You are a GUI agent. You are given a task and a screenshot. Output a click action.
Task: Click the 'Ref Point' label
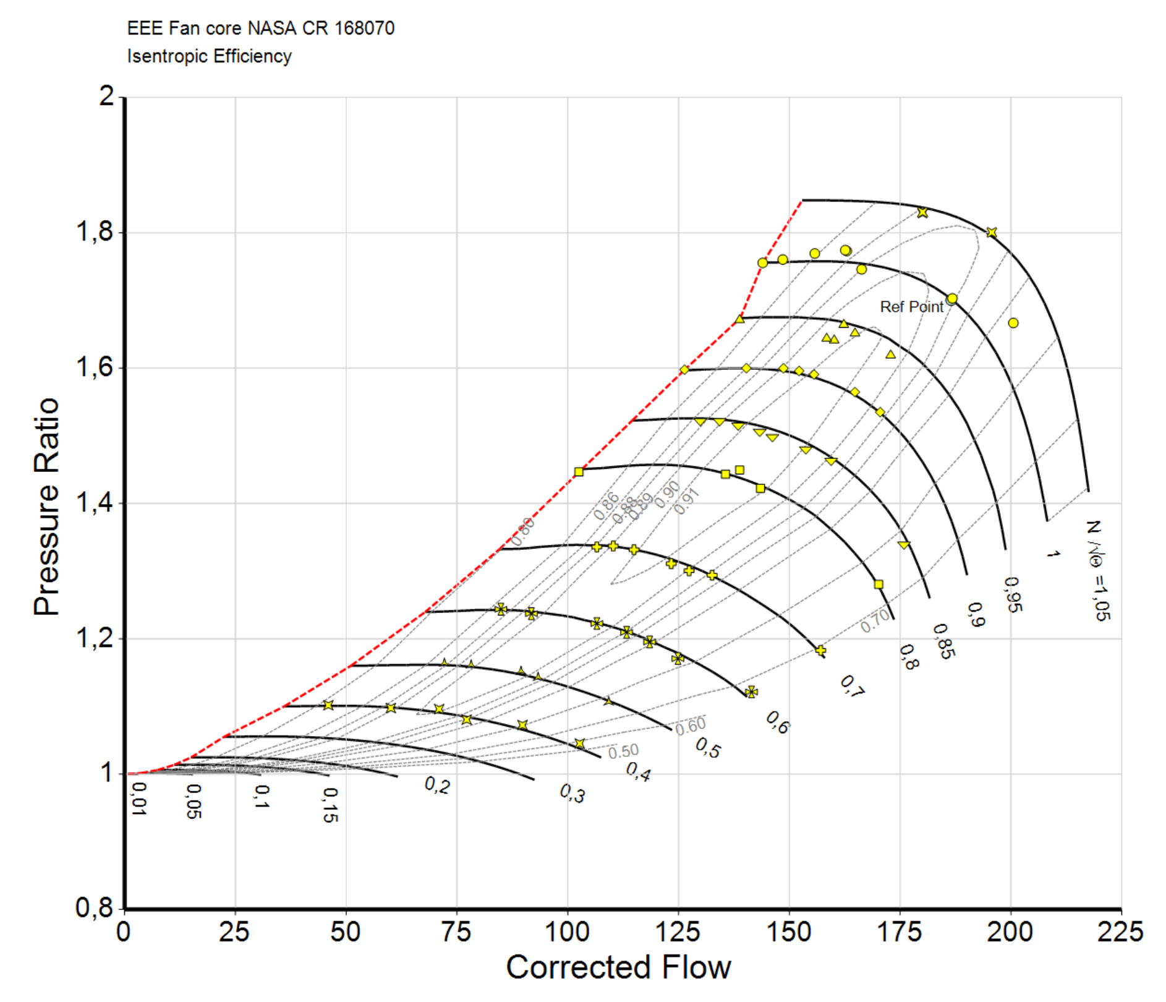[x=911, y=307]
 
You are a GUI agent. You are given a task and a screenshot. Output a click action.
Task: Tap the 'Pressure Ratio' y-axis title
[x=46, y=507]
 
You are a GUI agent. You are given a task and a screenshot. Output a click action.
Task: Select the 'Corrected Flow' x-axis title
[x=618, y=967]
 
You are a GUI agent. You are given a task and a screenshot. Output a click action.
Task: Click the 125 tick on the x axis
[x=678, y=931]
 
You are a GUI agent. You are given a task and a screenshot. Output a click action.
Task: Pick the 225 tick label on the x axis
[x=1120, y=931]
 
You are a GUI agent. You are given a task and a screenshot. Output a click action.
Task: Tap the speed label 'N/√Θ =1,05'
[x=1098, y=570]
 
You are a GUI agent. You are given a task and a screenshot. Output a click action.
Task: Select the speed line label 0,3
[x=572, y=793]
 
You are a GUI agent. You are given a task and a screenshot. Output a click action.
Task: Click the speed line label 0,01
[x=140, y=799]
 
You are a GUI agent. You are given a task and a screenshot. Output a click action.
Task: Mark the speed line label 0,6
[x=778, y=722]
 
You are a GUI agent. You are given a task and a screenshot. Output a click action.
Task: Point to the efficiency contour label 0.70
[x=875, y=620]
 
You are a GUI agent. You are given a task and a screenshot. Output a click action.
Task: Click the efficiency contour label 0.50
[x=623, y=751]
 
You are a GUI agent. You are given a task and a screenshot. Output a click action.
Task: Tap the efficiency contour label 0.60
[x=690, y=726]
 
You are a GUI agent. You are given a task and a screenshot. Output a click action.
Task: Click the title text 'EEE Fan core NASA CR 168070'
[x=260, y=28]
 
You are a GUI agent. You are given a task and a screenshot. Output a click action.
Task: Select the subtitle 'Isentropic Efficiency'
[x=209, y=56]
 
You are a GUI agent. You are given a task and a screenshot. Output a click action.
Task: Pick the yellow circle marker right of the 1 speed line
[x=1013, y=323]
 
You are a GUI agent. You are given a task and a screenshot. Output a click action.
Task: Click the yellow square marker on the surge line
[x=579, y=472]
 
